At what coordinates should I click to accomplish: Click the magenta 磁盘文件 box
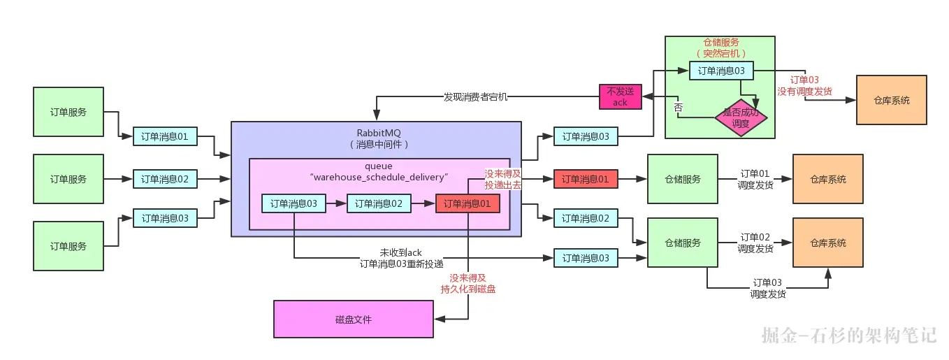(354, 319)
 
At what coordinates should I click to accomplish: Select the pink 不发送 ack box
(621, 96)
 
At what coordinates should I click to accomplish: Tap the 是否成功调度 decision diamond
(741, 118)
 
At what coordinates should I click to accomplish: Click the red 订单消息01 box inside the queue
(468, 203)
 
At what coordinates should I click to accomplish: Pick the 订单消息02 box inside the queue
(379, 203)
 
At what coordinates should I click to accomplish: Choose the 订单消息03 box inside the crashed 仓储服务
(721, 71)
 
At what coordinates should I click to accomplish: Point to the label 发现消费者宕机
(475, 97)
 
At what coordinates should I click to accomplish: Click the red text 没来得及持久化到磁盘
(468, 284)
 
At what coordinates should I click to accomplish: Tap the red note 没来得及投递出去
(503, 180)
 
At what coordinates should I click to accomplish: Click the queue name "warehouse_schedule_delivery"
(379, 177)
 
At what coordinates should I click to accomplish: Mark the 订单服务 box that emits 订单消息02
(68, 179)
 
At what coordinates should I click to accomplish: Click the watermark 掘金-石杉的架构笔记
(848, 335)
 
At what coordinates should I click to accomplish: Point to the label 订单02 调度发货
(755, 243)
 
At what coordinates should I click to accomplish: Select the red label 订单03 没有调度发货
(804, 86)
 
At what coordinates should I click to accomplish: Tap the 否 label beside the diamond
(679, 107)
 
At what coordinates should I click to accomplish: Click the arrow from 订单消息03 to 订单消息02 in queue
(336, 203)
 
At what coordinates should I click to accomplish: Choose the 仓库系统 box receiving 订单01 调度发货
(828, 179)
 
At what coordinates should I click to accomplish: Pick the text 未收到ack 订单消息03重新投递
(401, 258)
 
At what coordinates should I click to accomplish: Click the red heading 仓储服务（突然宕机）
(721, 48)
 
